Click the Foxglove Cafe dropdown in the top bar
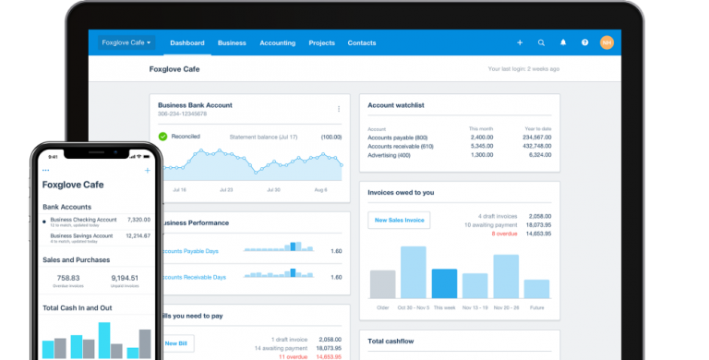(127, 42)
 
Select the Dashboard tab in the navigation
(186, 42)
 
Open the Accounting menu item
(277, 42)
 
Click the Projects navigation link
(321, 42)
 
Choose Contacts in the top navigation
(362, 42)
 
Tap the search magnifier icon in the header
(541, 42)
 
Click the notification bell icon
(563, 42)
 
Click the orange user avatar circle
(607, 42)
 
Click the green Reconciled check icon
(163, 137)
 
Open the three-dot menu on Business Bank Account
(338, 109)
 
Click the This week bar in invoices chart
(445, 283)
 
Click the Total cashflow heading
(389, 342)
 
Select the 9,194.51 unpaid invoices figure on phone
(125, 278)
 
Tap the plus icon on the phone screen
(147, 171)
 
